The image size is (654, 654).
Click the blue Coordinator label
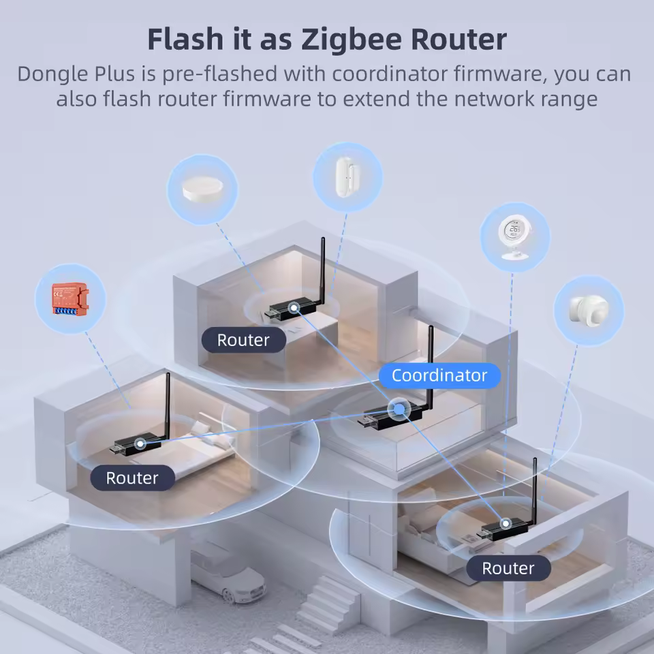(x=439, y=375)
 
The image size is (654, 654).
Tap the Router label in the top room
(x=243, y=340)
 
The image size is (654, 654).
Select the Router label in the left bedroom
(x=132, y=478)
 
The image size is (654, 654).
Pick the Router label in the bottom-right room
(x=508, y=568)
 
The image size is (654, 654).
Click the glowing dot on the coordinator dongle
(x=396, y=409)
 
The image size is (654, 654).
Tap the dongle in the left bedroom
(x=136, y=444)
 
